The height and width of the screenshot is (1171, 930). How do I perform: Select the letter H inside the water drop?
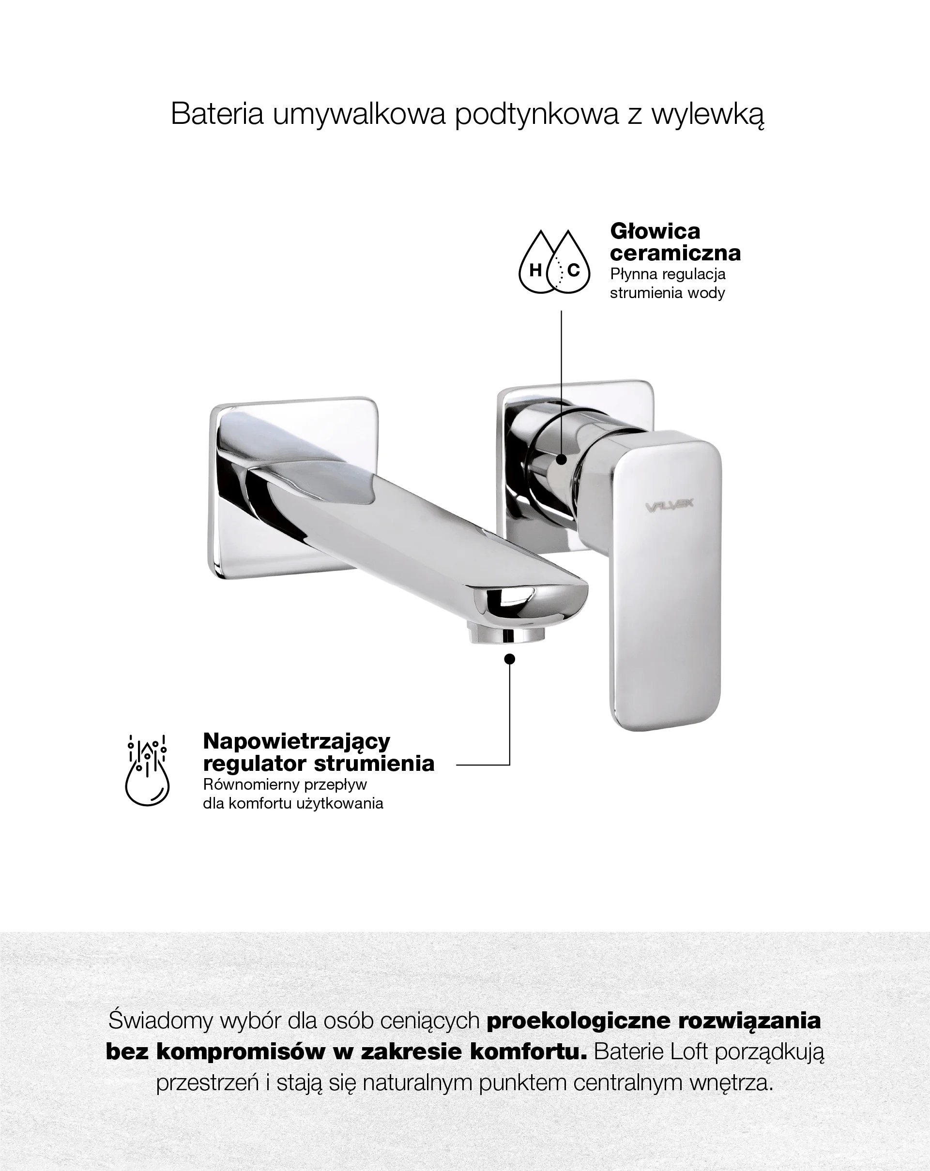pyautogui.click(x=535, y=270)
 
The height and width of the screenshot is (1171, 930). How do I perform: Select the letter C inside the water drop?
pyautogui.click(x=573, y=270)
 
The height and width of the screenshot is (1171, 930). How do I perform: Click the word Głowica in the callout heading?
pyautogui.click(x=655, y=231)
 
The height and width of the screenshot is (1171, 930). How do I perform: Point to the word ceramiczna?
pyautogui.click(x=675, y=253)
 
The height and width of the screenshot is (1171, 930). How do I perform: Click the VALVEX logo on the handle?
pyautogui.click(x=669, y=507)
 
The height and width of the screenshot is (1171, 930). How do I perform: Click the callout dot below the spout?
pyautogui.click(x=509, y=659)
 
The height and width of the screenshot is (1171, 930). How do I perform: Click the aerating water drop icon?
pyautogui.click(x=147, y=771)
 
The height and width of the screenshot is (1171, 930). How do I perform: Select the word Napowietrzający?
pyautogui.click(x=296, y=741)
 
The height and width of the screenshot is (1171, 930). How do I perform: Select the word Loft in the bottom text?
pyautogui.click(x=689, y=1051)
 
